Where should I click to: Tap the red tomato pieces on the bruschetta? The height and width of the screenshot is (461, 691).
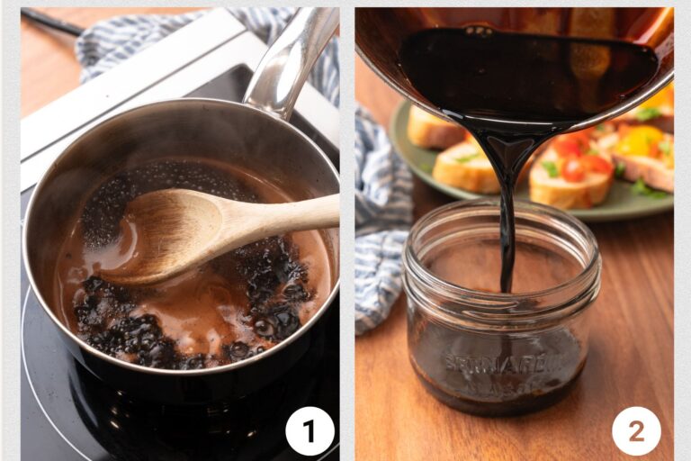point(576,158)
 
